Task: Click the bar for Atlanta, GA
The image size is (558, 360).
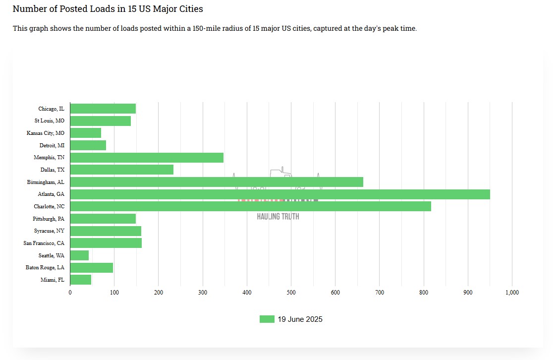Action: click(x=280, y=194)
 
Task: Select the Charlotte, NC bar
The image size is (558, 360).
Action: click(x=250, y=206)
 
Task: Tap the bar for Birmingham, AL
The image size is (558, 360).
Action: click(x=217, y=182)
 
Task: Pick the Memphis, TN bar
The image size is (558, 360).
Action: click(x=147, y=158)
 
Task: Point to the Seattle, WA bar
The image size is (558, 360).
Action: click(x=79, y=255)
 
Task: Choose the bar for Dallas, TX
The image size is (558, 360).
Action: click(x=122, y=170)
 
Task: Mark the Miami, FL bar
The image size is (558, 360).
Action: click(x=81, y=280)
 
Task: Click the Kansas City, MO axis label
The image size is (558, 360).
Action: click(x=46, y=133)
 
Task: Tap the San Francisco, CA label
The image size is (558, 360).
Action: click(x=44, y=243)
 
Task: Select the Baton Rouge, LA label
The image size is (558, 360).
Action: click(x=45, y=268)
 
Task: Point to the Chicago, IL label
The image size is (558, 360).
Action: click(x=51, y=109)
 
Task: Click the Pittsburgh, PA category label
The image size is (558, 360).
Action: click(x=49, y=219)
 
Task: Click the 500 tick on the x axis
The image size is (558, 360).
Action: click(x=291, y=293)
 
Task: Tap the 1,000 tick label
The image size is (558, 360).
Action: click(x=512, y=293)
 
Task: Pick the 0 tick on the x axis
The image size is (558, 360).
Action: click(x=70, y=293)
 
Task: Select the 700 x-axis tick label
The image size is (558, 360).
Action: click(x=380, y=293)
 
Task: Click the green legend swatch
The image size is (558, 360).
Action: click(x=267, y=319)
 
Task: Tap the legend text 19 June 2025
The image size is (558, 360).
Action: click(x=300, y=319)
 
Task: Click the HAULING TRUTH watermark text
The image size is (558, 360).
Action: click(x=278, y=217)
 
